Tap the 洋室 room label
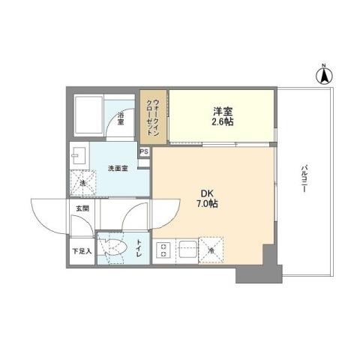tap(220, 110)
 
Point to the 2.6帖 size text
tap(220, 121)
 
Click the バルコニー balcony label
tap(304, 180)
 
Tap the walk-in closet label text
tap(152, 115)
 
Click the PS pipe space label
tap(144, 151)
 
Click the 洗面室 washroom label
tap(118, 168)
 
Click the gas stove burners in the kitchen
tap(164, 250)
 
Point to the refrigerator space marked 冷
tap(211, 250)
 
